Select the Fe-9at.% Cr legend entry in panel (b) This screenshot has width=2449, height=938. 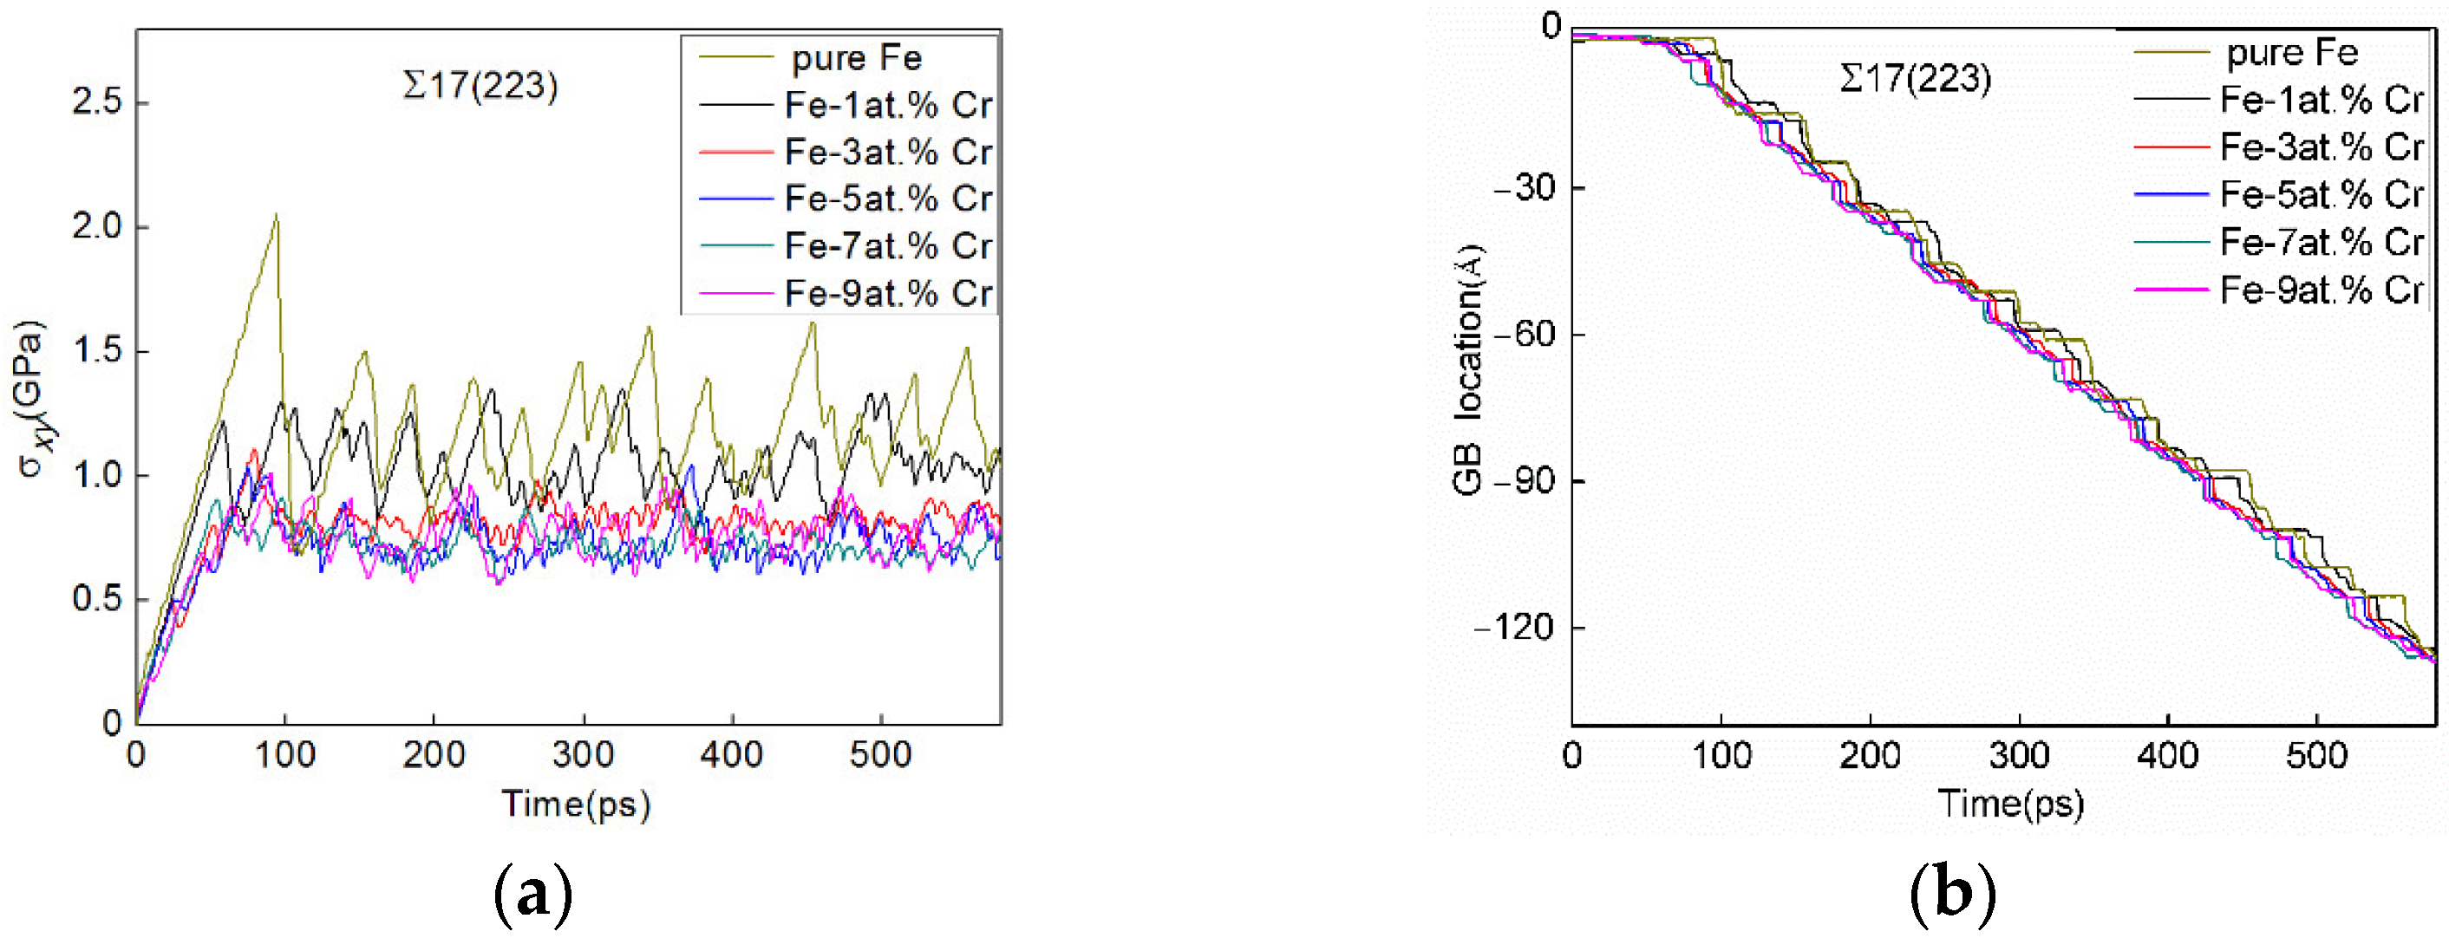click(x=2321, y=290)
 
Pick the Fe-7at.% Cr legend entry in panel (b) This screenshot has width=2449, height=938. click(x=2321, y=243)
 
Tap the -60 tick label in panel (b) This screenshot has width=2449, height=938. click(x=1524, y=335)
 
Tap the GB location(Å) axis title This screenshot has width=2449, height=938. click(x=1469, y=371)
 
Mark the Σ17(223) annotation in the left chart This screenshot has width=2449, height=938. click(x=480, y=86)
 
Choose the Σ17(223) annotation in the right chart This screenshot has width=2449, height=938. click(x=1915, y=78)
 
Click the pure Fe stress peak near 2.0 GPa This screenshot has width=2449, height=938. click(x=276, y=216)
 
